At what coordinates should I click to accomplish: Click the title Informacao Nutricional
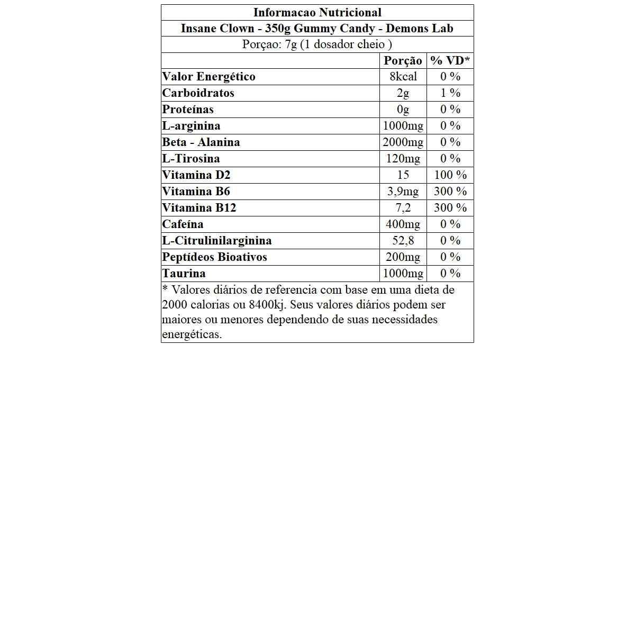tap(317, 12)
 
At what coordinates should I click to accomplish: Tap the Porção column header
tap(403, 60)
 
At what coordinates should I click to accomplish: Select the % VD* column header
tap(450, 60)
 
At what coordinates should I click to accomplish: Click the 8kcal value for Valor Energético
tap(403, 77)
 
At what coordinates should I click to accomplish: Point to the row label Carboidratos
tap(198, 93)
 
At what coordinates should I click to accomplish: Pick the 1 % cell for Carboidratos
tap(450, 93)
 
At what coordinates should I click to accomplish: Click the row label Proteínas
tap(188, 110)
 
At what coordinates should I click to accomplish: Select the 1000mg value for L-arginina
tap(403, 126)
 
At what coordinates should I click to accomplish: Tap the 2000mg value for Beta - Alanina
tap(403, 142)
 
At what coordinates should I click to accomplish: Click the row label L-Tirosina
tap(191, 159)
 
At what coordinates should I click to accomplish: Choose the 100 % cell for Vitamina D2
tap(450, 175)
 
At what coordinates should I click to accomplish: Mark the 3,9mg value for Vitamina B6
tap(403, 192)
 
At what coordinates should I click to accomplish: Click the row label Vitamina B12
tap(199, 208)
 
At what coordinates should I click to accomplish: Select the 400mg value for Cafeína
tap(403, 224)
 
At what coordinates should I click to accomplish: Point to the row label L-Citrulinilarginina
tap(217, 241)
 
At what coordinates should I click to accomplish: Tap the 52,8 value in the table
tap(403, 241)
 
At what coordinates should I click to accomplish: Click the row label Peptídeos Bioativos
tap(214, 257)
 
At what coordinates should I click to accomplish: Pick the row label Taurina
tap(184, 274)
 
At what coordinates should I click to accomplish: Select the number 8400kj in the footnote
tap(267, 305)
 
